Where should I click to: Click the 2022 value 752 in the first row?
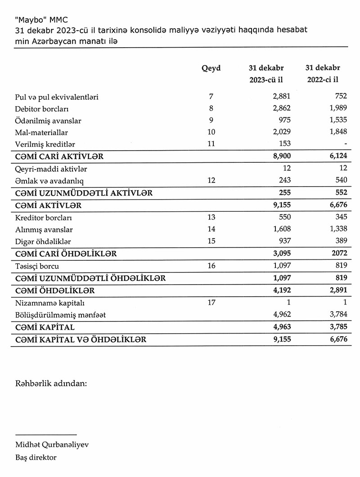point(340,97)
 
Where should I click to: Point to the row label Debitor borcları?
point(42,108)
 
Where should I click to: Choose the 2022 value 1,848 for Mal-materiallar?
point(337,132)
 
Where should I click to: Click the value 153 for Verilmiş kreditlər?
point(284,144)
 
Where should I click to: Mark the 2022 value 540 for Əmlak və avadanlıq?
point(340,180)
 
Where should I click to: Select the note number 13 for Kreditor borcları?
point(210,217)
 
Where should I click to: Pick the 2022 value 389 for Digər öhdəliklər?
point(340,241)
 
